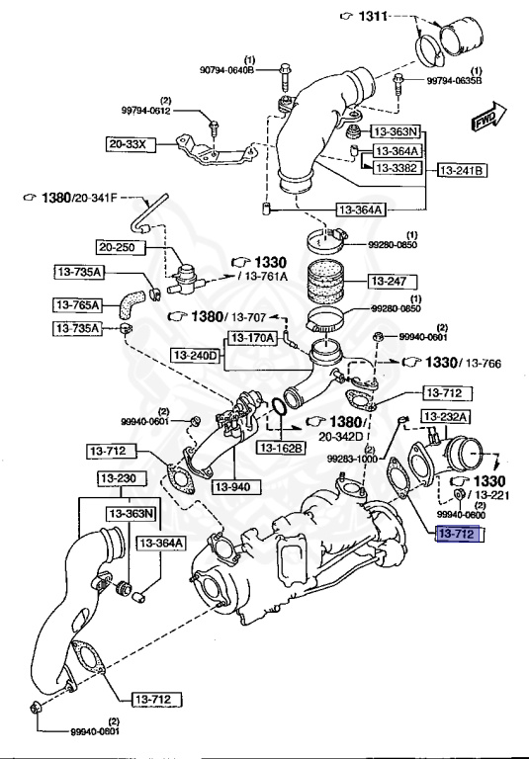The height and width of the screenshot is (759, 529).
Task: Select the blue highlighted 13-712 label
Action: pos(458,535)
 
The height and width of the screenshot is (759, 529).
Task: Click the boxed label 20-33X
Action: pos(127,144)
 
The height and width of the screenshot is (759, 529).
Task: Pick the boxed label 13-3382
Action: pos(397,169)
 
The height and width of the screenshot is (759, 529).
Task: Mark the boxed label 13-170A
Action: pos(253,337)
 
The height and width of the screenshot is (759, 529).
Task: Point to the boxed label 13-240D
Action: pos(194,353)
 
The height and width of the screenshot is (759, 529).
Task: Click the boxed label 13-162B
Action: pos(283,448)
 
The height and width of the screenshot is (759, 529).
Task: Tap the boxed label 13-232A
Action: pos(447,417)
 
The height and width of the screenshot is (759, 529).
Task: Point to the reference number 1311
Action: pos(374,17)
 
